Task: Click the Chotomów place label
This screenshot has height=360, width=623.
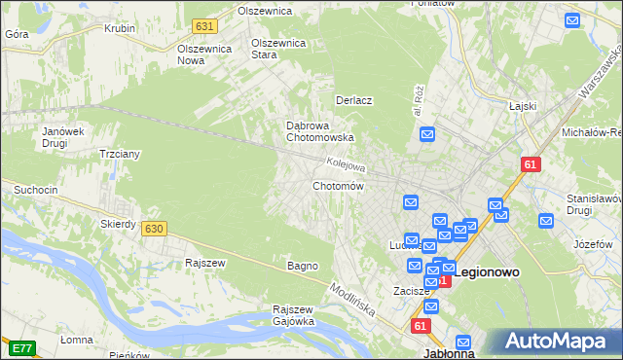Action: pos(338,186)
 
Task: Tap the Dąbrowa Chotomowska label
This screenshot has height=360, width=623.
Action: pos(312,131)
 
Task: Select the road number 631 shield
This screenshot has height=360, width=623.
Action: pos(203,25)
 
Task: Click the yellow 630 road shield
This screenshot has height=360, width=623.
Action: pos(153,229)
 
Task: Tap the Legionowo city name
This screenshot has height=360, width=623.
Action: pos(487,273)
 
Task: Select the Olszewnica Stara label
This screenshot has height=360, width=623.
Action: pos(278,49)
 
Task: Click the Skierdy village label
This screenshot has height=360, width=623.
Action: pos(119,224)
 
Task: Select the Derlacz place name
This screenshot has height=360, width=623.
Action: pos(354,100)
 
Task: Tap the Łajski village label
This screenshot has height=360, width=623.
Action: pos(524,105)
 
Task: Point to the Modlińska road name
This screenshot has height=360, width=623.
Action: pos(352,301)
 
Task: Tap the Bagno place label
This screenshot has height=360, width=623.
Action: pos(303,266)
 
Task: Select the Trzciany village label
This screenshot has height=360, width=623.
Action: pos(121,154)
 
